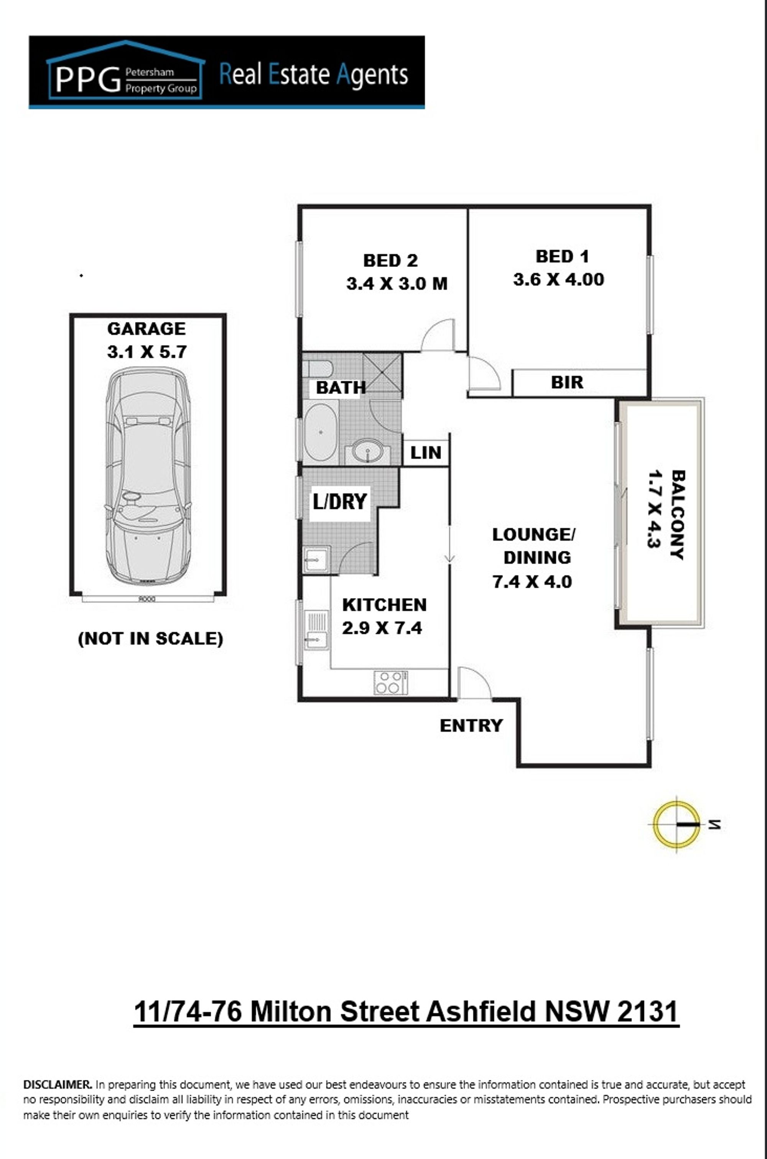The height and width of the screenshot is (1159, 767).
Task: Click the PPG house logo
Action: (x=125, y=70)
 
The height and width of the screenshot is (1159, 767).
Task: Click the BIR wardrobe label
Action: (x=567, y=382)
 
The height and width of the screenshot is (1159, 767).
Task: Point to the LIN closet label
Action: (x=426, y=453)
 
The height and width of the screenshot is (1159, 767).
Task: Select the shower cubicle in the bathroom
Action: (x=382, y=373)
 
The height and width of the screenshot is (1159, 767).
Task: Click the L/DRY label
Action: (x=340, y=502)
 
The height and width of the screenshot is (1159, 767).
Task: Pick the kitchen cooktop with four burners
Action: (x=390, y=682)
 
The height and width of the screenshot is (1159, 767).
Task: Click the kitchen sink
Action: (x=316, y=630)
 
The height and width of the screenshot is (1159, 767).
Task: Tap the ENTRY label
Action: (x=471, y=725)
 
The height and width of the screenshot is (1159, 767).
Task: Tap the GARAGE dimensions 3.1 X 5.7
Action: (x=147, y=352)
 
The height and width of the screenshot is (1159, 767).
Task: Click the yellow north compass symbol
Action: (x=676, y=825)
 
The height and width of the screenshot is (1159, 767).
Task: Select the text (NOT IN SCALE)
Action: (x=150, y=639)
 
